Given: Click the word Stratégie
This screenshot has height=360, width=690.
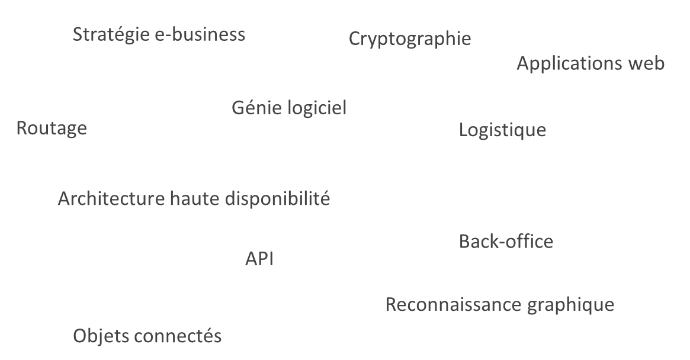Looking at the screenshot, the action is (x=111, y=35).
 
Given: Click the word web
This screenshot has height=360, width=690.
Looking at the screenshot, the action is (x=646, y=63).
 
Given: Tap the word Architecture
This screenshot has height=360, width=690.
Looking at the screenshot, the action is (x=111, y=198).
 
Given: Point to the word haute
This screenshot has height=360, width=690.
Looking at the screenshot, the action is (x=194, y=198).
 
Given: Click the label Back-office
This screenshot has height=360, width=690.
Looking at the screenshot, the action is (x=506, y=242).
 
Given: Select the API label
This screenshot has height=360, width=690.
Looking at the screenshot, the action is (x=259, y=259).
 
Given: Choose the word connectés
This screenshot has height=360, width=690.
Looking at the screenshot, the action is (x=178, y=336).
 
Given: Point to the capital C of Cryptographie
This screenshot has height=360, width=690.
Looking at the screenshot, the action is (x=355, y=38).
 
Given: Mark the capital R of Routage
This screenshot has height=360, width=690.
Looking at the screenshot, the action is (x=22, y=128).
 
